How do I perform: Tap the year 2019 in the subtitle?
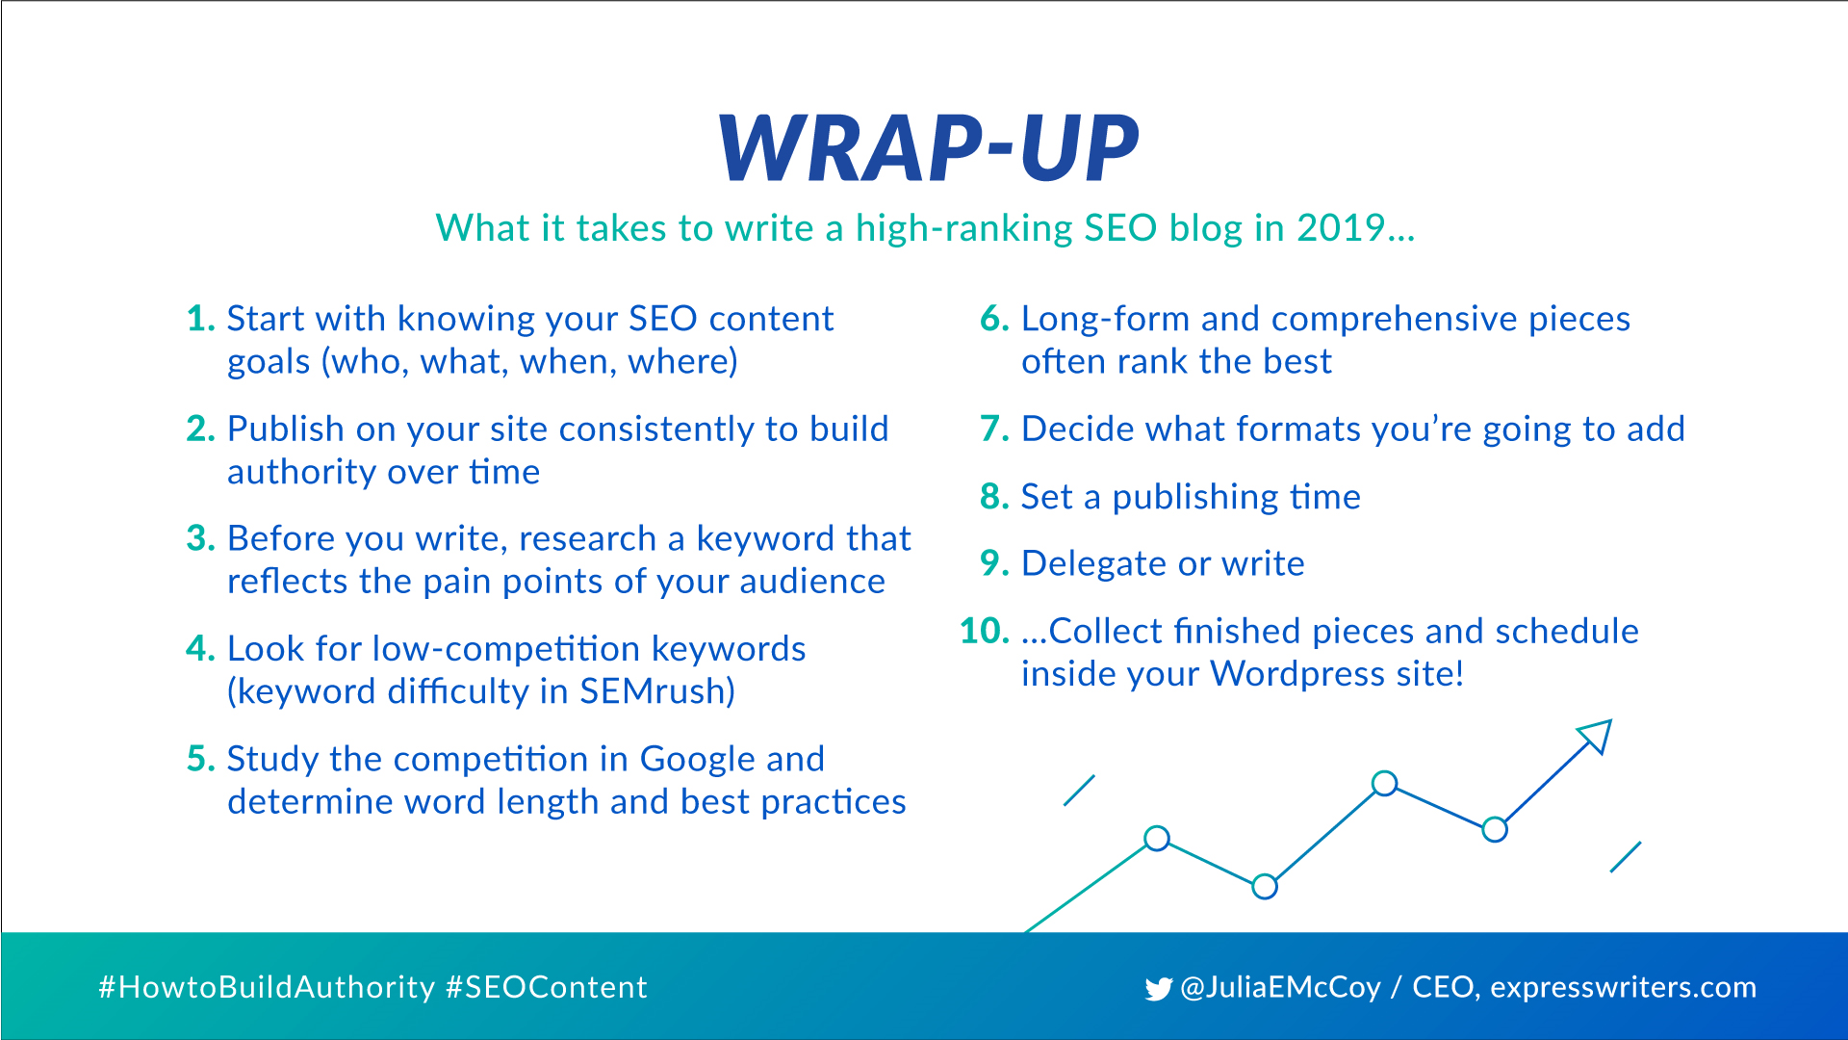[x=1341, y=228]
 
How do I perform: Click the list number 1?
[x=200, y=319]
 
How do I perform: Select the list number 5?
[x=200, y=759]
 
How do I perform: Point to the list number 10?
[x=985, y=631]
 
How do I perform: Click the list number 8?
[x=994, y=497]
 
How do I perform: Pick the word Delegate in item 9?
[x=1093, y=564]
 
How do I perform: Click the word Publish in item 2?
[x=285, y=429]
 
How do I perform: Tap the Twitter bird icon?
[x=1159, y=989]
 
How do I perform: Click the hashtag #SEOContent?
[x=547, y=987]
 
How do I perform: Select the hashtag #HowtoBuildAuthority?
[x=267, y=987]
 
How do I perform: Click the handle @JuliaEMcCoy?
[x=1280, y=988]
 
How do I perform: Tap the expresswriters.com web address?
[x=1624, y=988]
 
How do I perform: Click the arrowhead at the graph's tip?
[x=1596, y=736]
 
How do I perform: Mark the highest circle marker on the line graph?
[x=1384, y=784]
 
